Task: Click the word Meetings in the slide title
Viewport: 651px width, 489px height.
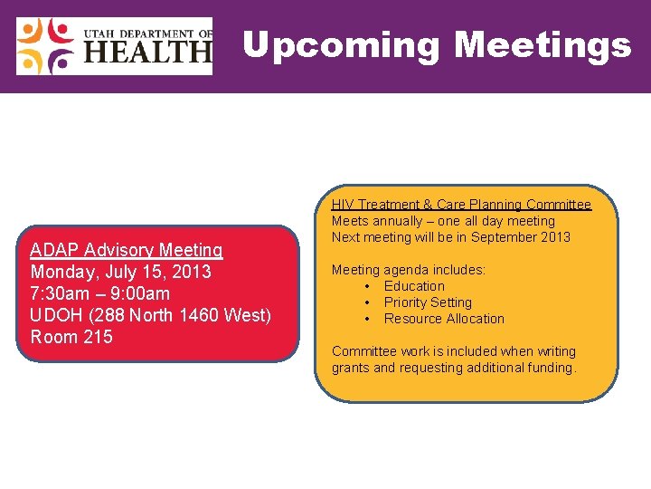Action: point(542,44)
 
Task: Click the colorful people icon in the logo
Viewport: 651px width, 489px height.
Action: point(46,46)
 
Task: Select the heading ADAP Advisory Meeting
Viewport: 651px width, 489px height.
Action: point(127,250)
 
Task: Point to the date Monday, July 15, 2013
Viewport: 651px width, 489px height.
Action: point(120,272)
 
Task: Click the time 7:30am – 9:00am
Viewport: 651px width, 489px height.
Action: point(99,293)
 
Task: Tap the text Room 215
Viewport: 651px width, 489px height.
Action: point(71,337)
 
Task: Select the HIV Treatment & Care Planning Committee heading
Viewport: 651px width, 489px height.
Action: point(461,205)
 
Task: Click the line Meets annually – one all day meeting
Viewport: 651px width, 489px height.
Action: point(443,221)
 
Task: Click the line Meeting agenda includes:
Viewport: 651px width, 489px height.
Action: point(409,270)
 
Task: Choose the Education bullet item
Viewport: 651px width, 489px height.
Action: point(414,286)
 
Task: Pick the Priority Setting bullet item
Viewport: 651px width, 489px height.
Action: point(428,302)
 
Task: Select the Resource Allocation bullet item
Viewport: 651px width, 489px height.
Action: point(444,319)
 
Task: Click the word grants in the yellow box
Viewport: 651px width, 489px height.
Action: point(351,368)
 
